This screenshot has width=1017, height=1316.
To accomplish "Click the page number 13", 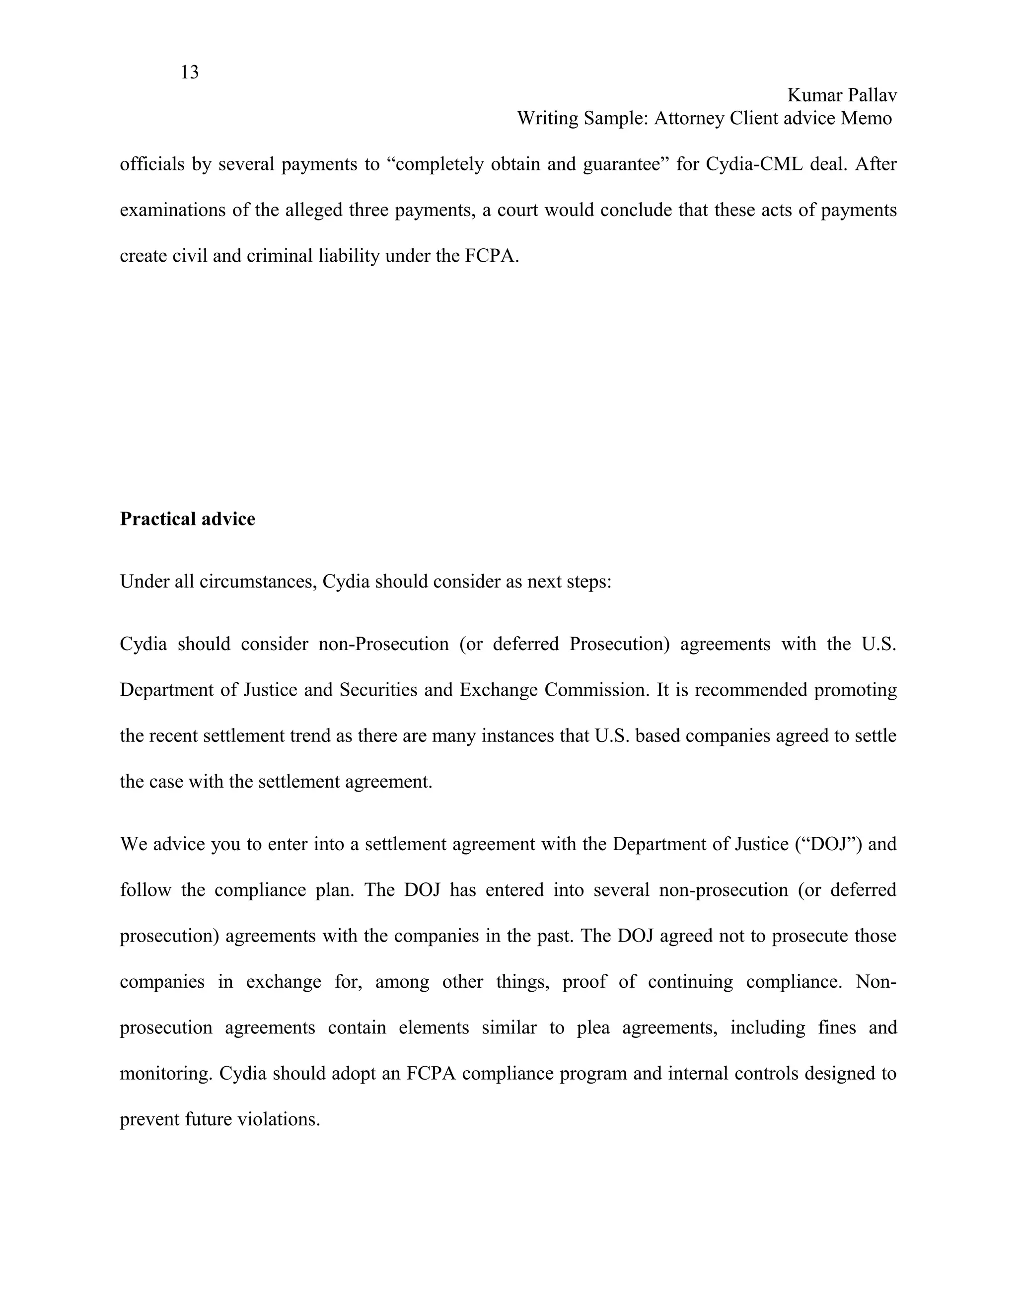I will tap(189, 73).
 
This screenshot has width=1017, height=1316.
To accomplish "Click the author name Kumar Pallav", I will tap(842, 95).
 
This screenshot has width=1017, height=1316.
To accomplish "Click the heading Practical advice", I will tap(187, 519).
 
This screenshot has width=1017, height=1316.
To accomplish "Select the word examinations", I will tap(172, 210).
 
